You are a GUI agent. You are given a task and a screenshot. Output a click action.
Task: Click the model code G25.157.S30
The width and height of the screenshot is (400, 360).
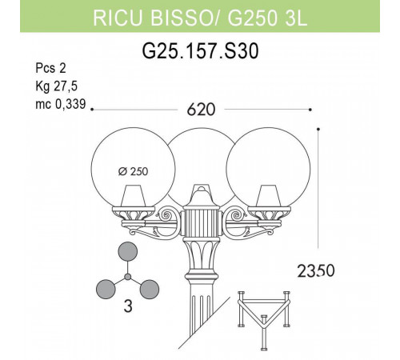pyautogui.click(x=200, y=51)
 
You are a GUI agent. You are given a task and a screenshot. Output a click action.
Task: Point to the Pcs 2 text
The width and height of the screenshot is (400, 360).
pyautogui.click(x=53, y=70)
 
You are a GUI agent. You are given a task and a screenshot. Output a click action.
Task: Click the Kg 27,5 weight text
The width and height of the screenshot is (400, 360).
pyautogui.click(x=55, y=85)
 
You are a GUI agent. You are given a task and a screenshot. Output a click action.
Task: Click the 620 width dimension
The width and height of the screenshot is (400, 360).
pyautogui.click(x=200, y=110)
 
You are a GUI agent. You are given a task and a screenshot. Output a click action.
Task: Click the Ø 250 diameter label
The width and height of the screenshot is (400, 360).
pyautogui.click(x=135, y=171)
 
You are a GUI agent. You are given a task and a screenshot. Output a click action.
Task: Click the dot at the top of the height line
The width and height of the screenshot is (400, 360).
pyautogui.click(x=318, y=128)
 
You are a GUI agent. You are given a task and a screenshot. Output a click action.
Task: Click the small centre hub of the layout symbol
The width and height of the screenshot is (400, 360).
pyautogui.click(x=127, y=278)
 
